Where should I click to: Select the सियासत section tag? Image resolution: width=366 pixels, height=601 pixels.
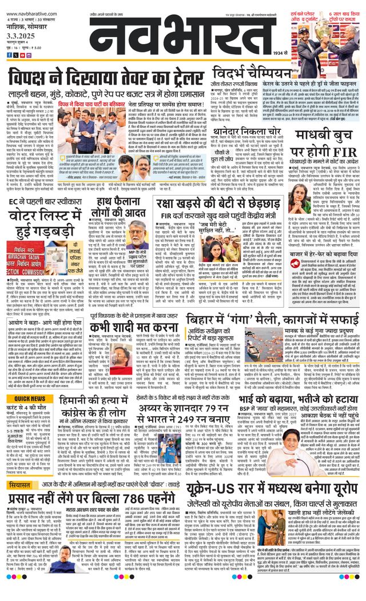click(x=23, y=485)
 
